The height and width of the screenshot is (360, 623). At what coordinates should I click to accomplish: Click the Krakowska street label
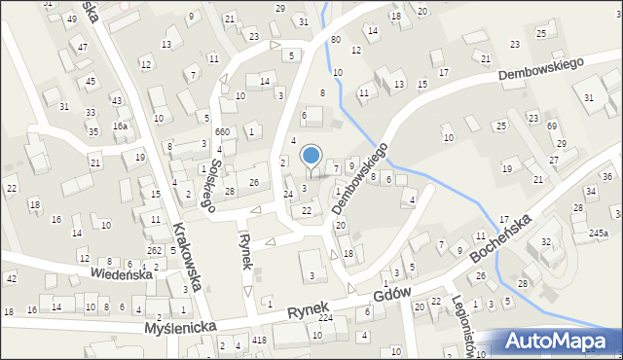point(188,258)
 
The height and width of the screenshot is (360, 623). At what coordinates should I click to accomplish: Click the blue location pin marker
point(311,156)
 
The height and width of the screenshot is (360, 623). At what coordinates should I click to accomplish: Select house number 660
point(222,132)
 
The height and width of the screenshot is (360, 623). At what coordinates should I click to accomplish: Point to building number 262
point(154,250)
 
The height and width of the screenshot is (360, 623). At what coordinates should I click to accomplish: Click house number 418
point(259,340)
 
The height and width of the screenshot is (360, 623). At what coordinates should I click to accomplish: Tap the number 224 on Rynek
point(325,318)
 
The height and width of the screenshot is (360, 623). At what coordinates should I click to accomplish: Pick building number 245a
point(598,234)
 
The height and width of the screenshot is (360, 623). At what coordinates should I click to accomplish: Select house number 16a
point(120,126)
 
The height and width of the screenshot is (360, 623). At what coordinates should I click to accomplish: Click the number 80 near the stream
point(335,40)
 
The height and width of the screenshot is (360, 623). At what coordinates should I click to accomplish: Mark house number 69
point(551,127)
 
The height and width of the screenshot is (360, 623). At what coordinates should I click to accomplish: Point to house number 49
point(71,19)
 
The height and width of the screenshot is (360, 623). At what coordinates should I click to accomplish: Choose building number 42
point(11,279)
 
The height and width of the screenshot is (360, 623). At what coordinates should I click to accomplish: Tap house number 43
point(116,100)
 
